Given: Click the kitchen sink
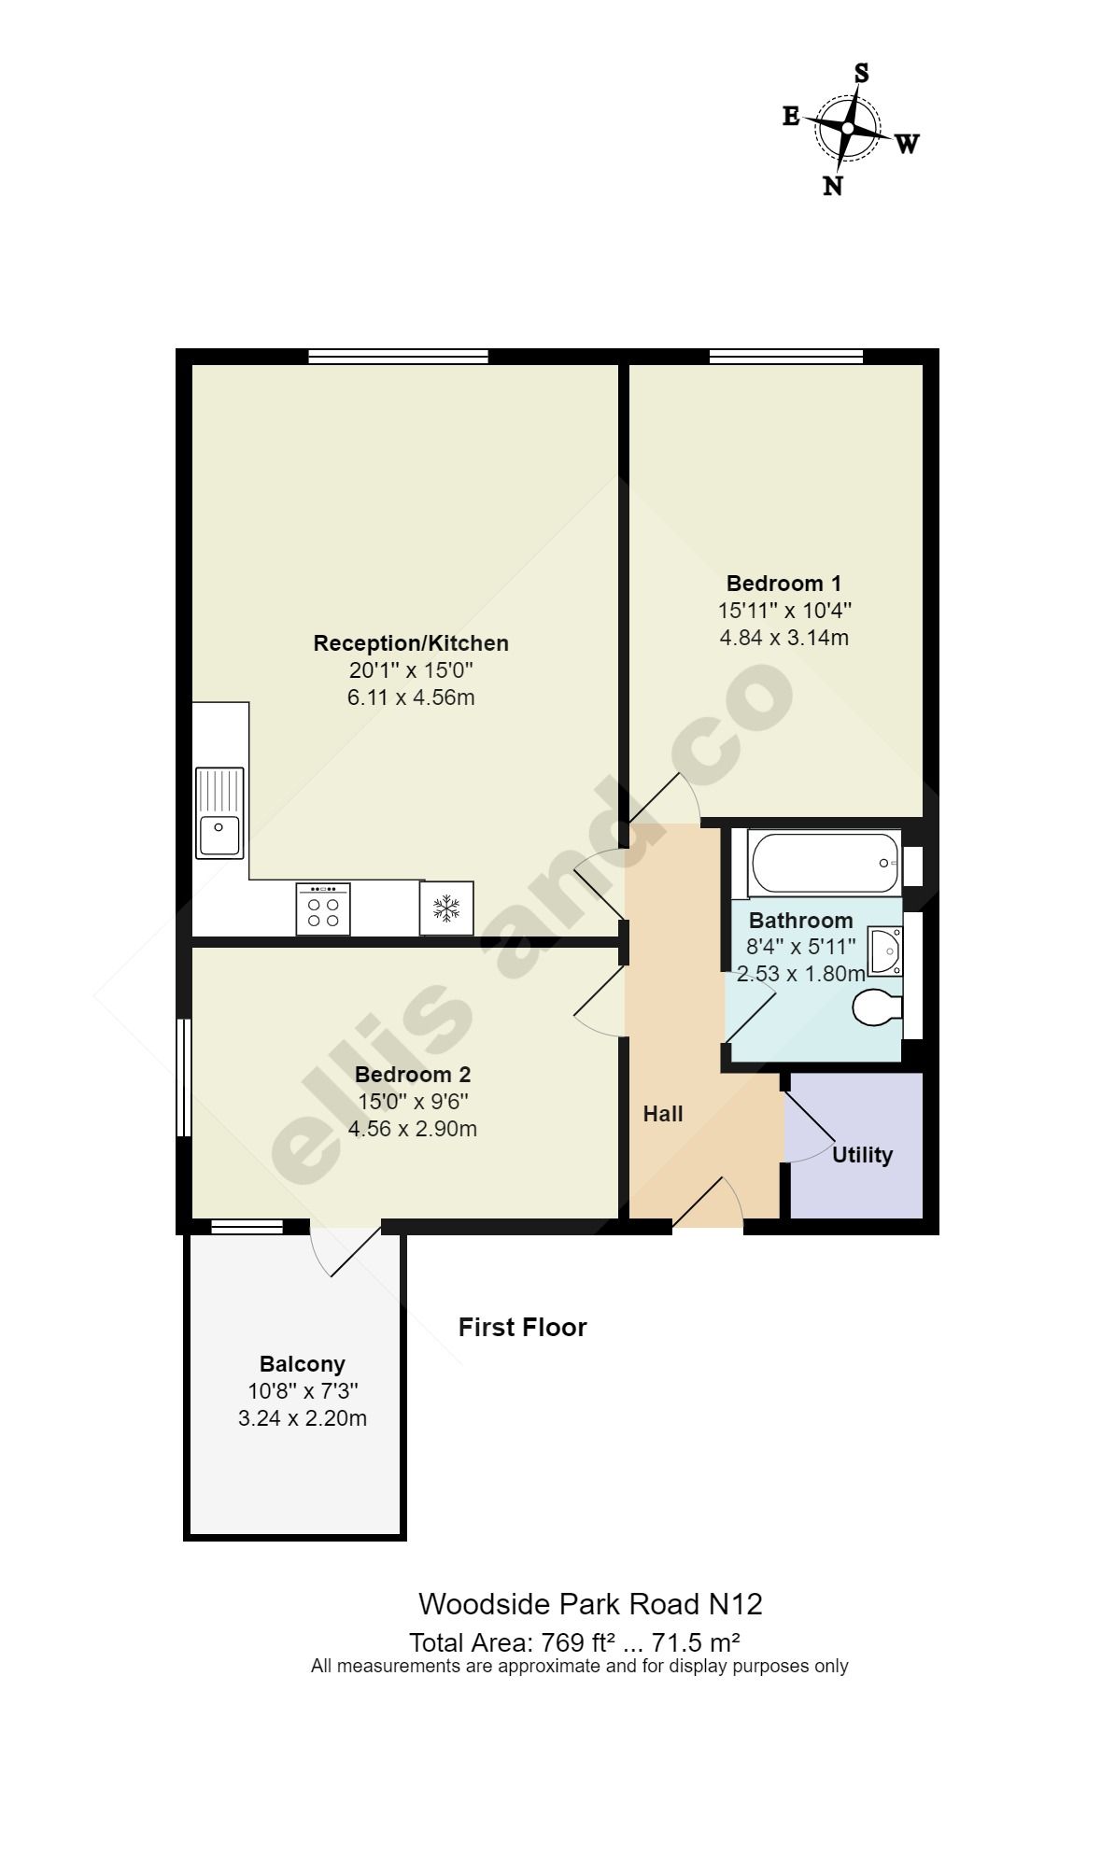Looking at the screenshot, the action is [219, 812].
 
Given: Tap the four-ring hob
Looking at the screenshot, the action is [323, 908].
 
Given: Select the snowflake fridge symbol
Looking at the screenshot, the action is [446, 908].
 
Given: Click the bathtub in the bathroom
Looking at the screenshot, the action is [825, 863].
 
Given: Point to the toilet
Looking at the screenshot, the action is [878, 1008].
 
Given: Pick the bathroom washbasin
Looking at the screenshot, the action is [884, 951].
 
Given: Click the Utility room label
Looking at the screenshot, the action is [862, 1155].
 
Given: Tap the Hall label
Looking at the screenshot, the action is [663, 1114].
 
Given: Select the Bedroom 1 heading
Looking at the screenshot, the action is [783, 584].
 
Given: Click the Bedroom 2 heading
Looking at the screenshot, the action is [413, 1075].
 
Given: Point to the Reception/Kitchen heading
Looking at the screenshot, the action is [411, 643].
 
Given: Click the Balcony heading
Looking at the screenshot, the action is [303, 1364].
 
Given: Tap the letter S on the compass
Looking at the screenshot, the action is [862, 73].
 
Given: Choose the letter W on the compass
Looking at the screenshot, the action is [908, 145].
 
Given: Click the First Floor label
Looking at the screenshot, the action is [523, 1327].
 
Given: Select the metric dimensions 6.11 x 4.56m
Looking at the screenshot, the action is [411, 697].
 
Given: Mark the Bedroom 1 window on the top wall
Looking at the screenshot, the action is [786, 356].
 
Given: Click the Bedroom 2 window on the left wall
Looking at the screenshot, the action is [184, 1077].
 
